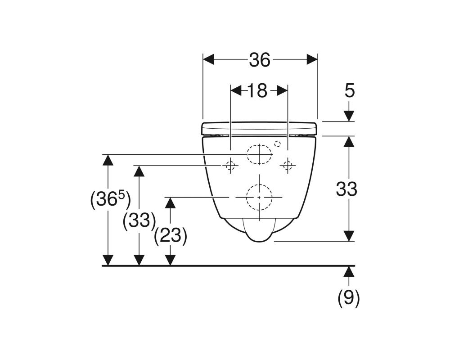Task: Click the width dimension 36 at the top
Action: (x=260, y=60)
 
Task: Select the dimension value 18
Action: (x=257, y=90)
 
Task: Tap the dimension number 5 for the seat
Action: (x=350, y=91)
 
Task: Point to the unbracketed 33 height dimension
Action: (x=346, y=189)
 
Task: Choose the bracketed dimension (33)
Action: (x=139, y=220)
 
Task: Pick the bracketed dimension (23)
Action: (x=170, y=236)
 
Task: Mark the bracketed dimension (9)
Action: (x=349, y=298)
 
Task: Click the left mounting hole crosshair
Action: (x=230, y=166)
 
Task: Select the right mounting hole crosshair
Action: (x=287, y=166)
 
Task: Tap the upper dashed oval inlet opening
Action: (x=260, y=154)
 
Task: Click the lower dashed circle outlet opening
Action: (x=260, y=197)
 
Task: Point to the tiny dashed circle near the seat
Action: (x=277, y=144)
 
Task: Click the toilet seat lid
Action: (x=260, y=128)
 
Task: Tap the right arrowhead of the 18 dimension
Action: (x=283, y=90)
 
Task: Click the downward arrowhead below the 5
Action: (x=349, y=116)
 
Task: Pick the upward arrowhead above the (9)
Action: (x=349, y=271)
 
